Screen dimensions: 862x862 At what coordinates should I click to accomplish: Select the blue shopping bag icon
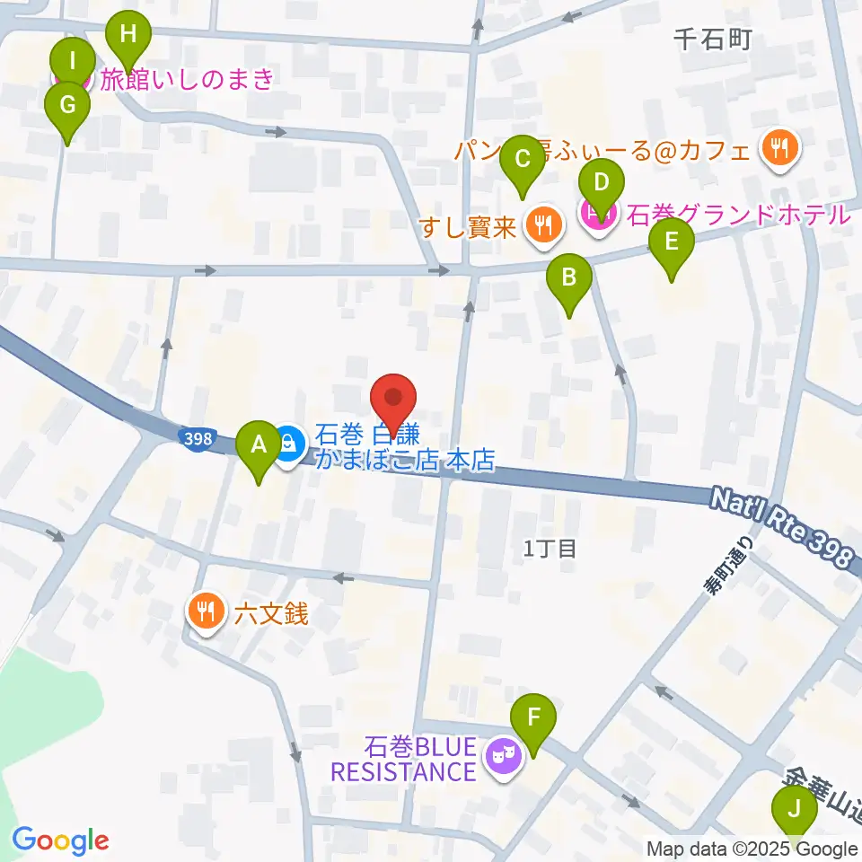tap(288, 443)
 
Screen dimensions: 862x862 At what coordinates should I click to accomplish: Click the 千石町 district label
tap(711, 39)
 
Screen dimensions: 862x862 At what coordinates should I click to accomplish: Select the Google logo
tap(60, 840)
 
